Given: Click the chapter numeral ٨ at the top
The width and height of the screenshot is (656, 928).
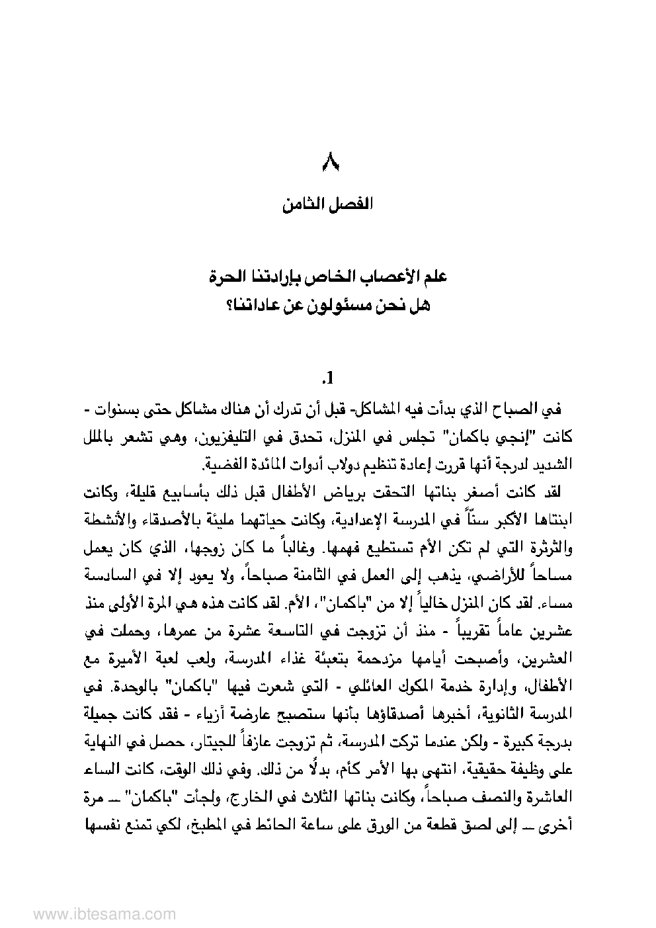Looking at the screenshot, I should coord(328,161).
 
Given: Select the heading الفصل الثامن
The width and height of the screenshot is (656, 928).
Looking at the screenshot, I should coord(328,204).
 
